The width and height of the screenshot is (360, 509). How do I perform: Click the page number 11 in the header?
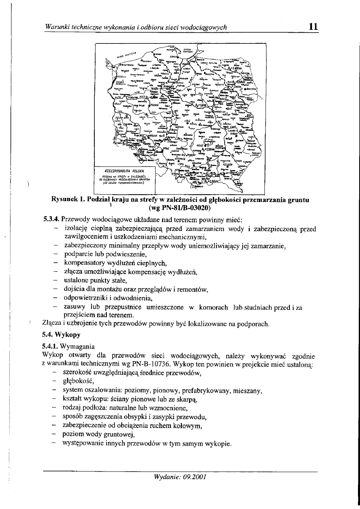pyautogui.click(x=313, y=27)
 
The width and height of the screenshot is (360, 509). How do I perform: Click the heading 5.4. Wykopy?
pyautogui.click(x=62, y=334)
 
